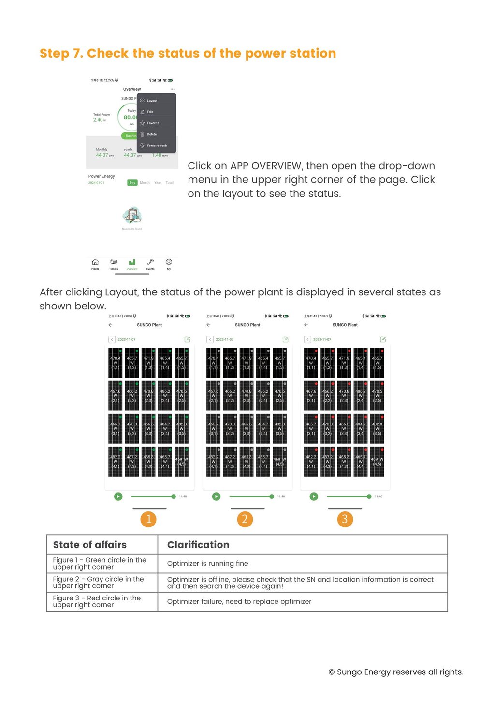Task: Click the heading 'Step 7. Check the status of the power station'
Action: point(188,53)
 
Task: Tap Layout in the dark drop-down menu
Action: point(152,101)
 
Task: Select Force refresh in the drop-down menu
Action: point(157,146)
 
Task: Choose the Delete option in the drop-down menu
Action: point(152,134)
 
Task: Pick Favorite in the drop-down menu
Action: point(153,123)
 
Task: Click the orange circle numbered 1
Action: point(148,519)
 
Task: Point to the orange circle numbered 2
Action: point(245,519)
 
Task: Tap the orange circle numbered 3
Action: point(345,519)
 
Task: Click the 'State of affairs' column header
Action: point(90,545)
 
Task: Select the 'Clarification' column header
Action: point(198,545)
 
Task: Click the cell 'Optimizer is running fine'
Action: point(207,564)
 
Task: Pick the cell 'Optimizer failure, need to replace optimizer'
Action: point(239,602)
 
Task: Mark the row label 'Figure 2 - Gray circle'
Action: point(98,583)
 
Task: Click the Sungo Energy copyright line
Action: point(396,672)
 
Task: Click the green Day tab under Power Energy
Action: point(132,183)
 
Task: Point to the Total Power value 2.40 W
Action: point(99,120)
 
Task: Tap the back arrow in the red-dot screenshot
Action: point(306,325)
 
